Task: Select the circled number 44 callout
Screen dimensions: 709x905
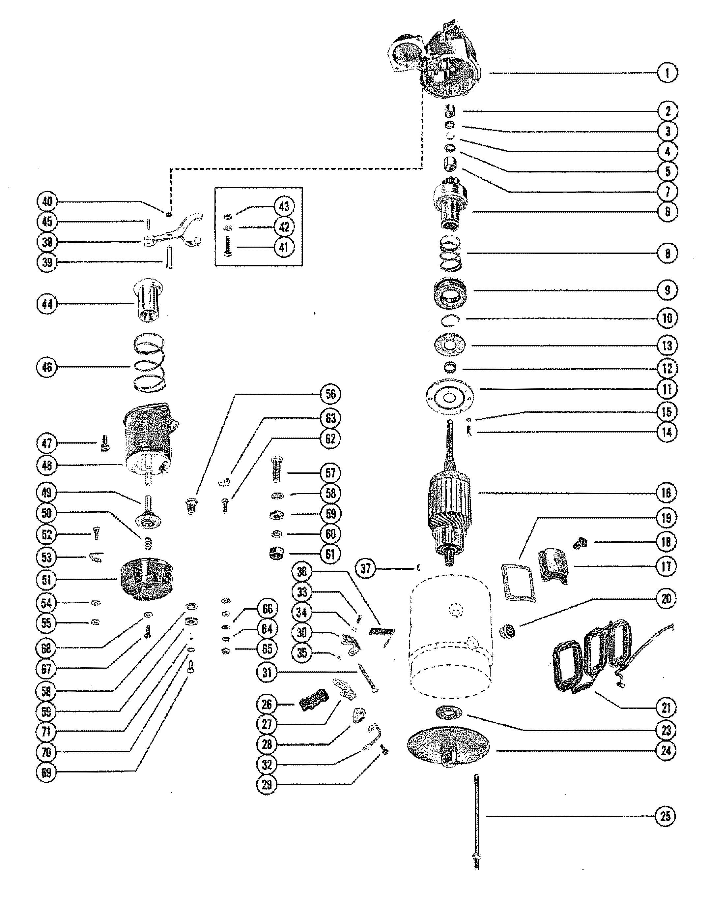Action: (x=47, y=304)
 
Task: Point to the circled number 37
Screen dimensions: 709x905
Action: (x=365, y=568)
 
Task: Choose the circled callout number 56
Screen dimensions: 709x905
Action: (x=330, y=394)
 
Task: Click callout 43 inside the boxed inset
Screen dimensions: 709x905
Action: (x=284, y=206)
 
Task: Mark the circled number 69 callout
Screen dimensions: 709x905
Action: (x=46, y=772)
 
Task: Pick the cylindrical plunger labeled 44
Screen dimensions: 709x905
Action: (x=148, y=300)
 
